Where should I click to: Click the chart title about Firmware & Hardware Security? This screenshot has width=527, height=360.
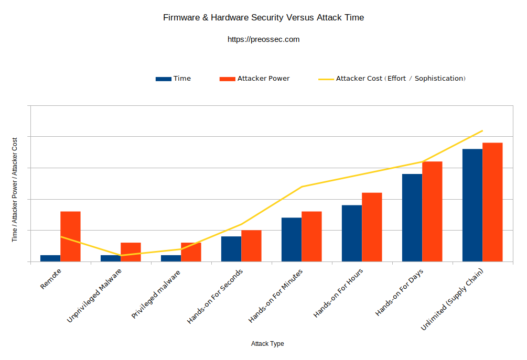(x=263, y=18)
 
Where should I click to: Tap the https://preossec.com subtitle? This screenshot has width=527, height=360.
(x=263, y=39)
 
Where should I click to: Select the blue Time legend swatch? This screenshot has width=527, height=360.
(x=163, y=79)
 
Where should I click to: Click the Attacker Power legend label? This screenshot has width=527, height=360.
(x=263, y=79)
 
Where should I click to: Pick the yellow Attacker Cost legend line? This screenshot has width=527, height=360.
(x=326, y=79)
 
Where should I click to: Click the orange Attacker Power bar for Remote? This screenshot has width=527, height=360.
(x=70, y=236)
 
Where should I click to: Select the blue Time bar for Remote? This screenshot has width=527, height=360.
(x=50, y=258)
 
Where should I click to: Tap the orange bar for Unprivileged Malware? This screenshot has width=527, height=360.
(x=131, y=252)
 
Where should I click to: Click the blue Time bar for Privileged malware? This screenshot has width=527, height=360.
(x=171, y=258)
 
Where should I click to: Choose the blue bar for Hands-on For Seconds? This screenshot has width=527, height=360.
(x=231, y=249)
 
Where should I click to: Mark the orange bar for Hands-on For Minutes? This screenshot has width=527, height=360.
(x=311, y=236)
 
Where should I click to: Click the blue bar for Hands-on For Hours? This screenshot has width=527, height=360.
(x=352, y=233)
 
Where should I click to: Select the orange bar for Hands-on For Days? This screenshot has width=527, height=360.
(x=432, y=211)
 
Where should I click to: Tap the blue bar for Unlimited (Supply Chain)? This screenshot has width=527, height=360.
(x=472, y=205)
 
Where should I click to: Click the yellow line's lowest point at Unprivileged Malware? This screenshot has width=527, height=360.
(x=121, y=255)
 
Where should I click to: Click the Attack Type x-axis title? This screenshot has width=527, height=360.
(x=267, y=344)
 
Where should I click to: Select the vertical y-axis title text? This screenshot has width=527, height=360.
(x=15, y=189)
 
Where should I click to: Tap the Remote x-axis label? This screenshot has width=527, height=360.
(x=51, y=279)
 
